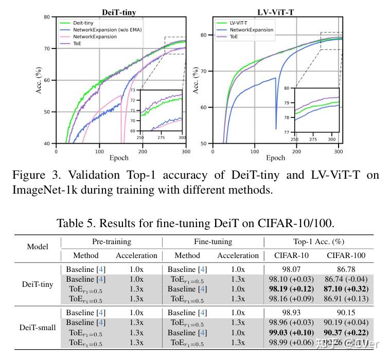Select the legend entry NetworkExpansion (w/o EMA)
tap(107, 30)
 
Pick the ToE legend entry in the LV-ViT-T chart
tap(235, 37)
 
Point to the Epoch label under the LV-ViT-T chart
tap(275, 158)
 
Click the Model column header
tap(37, 247)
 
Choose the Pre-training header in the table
tap(112, 242)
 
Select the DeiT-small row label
tap(37, 327)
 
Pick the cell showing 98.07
tap(292, 269)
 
